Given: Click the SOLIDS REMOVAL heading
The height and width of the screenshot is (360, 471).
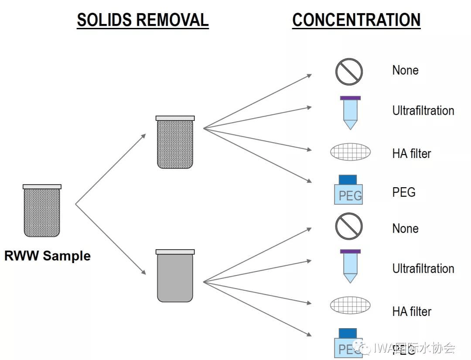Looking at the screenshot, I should click(x=143, y=20).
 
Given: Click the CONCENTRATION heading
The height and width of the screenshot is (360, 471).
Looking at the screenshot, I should click(x=356, y=20).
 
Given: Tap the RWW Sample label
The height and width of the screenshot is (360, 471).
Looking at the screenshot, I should click(x=47, y=256).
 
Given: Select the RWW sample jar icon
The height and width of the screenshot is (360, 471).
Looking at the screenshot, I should click(x=42, y=211).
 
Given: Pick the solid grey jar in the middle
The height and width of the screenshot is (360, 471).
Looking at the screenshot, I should click(x=175, y=277).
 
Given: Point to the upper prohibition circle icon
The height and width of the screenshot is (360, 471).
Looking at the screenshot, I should click(x=349, y=72).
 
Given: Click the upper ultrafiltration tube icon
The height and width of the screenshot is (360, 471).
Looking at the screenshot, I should click(x=350, y=113).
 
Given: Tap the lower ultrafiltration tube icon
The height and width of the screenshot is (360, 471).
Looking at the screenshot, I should click(x=350, y=266).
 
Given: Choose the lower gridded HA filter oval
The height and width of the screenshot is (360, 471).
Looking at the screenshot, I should click(x=350, y=305).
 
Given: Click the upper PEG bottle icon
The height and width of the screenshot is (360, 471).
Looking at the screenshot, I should click(x=348, y=191).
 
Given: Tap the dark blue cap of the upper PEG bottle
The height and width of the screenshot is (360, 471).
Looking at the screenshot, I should click(x=348, y=179).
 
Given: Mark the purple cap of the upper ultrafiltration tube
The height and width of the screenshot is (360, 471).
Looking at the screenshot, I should click(x=350, y=98).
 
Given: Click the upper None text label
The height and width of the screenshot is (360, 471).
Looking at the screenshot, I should click(x=405, y=70).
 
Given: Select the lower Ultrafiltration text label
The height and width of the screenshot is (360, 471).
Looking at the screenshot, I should click(x=423, y=268).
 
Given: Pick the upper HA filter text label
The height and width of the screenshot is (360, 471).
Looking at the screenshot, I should click(x=411, y=154).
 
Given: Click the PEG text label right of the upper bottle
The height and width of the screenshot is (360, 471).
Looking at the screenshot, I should click(x=404, y=192).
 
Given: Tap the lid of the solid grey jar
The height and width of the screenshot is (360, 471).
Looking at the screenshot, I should click(x=175, y=252).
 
